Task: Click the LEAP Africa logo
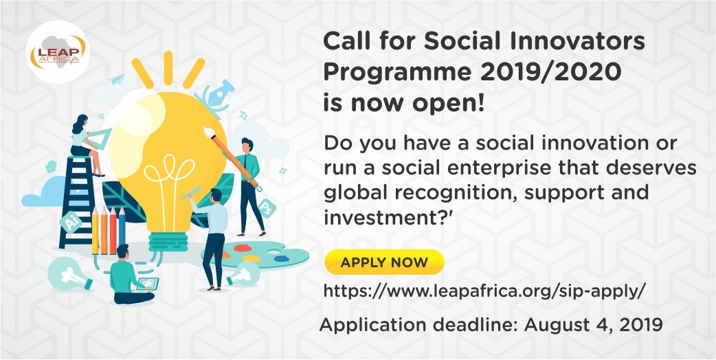(x=58, y=52)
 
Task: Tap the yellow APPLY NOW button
(x=384, y=262)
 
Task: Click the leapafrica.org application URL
(x=484, y=291)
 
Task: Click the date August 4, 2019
(x=594, y=326)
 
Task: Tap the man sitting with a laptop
(x=128, y=275)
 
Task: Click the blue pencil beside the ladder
(x=122, y=230)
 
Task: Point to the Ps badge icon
(x=266, y=208)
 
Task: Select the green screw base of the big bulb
(x=168, y=242)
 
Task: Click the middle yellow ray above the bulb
(x=168, y=67)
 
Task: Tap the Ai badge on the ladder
(x=71, y=223)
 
